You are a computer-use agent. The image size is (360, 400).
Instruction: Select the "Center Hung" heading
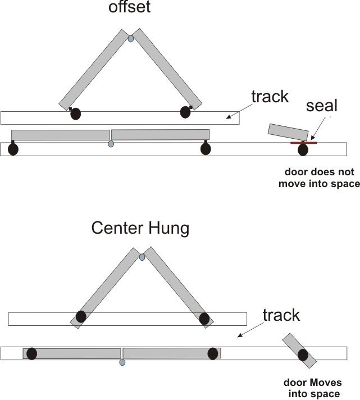140,229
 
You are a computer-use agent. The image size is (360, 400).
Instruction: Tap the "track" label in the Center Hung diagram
281,315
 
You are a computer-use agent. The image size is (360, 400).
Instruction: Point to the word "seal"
322,106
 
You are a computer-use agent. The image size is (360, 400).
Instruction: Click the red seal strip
303,143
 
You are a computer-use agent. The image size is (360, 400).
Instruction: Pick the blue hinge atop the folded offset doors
131,39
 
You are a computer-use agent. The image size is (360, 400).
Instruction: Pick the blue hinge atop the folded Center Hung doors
142,257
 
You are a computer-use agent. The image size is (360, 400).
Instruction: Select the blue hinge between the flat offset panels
111,144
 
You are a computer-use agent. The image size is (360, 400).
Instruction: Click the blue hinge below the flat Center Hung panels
122,362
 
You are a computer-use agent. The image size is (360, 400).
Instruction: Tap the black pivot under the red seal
303,149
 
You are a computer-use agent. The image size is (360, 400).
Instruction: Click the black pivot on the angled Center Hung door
303,354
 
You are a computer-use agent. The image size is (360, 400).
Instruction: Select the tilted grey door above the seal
288,131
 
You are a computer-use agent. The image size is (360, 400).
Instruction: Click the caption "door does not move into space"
319,178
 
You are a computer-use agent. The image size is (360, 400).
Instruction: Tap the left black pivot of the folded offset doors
75,114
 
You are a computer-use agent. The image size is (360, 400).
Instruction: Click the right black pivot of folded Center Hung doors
204,319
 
